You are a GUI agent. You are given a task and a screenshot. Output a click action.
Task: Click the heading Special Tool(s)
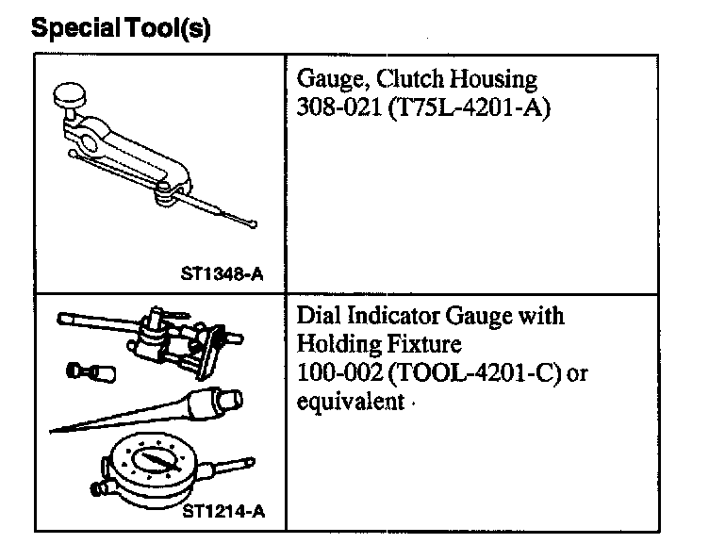(121, 29)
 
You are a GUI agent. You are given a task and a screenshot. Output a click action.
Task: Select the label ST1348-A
(222, 275)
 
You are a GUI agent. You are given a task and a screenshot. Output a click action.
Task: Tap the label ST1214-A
(222, 513)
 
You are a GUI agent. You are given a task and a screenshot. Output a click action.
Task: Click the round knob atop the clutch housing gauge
(70, 94)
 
